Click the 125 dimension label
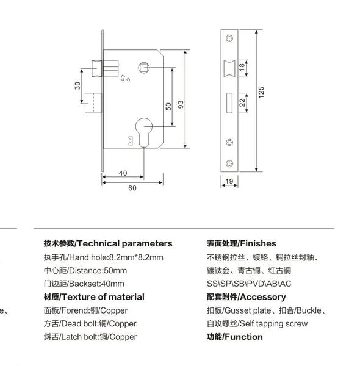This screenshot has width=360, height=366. click(x=261, y=92)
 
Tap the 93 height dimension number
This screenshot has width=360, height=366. click(x=181, y=104)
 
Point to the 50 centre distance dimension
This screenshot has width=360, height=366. click(x=168, y=106)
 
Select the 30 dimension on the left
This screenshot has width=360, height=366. click(x=77, y=85)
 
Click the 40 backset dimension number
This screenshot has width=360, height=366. click(x=123, y=173)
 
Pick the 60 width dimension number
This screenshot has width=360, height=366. click(x=132, y=188)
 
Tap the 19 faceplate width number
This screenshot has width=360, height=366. click(x=229, y=181)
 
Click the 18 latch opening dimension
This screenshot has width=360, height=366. click(x=242, y=67)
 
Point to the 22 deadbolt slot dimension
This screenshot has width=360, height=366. click(x=242, y=102)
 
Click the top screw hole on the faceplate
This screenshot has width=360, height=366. click(x=229, y=38)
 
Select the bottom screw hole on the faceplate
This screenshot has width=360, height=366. click(x=229, y=163)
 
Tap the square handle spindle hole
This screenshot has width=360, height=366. click(x=144, y=68)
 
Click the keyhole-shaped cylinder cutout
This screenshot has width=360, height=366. click(x=144, y=132)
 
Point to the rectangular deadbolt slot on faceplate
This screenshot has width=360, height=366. click(x=229, y=102)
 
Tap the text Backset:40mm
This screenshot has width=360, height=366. click(x=96, y=284)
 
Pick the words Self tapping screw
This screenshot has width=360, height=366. click(x=273, y=323)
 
